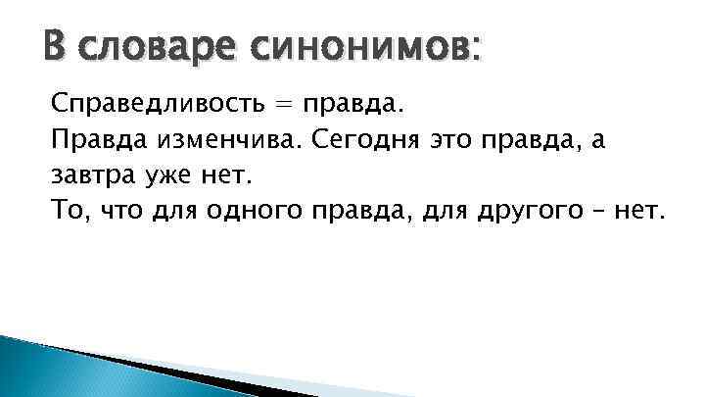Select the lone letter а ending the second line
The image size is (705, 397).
click(599, 141)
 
